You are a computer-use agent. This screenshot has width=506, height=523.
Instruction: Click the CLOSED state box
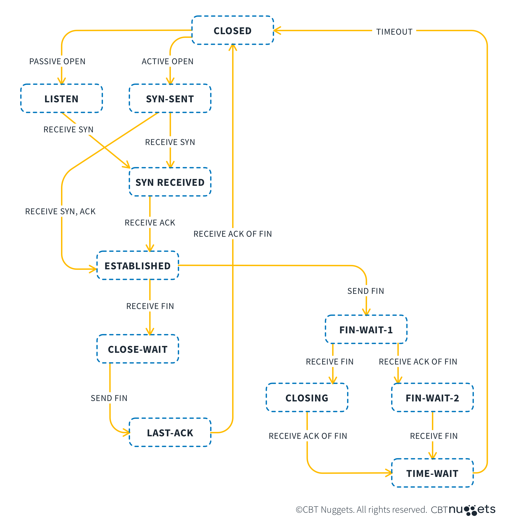click(232, 31)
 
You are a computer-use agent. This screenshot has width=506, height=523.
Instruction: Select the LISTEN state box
click(62, 99)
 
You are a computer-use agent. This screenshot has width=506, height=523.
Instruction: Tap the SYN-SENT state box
click(170, 99)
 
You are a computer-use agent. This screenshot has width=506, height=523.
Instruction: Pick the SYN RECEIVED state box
click(170, 182)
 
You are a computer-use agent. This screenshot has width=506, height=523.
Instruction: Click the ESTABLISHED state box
click(138, 266)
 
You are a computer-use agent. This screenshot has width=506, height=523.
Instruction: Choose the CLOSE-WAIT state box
click(138, 349)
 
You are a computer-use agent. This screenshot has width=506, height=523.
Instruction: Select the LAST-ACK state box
click(170, 433)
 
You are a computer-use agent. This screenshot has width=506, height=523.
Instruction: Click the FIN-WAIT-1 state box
click(366, 330)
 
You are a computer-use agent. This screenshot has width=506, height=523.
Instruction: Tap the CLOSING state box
click(307, 398)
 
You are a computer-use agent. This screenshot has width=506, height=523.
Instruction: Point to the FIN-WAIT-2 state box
click(432, 398)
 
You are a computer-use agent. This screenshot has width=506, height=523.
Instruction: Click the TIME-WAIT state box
click(432, 473)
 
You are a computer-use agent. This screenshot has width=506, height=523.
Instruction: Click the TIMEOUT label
click(394, 32)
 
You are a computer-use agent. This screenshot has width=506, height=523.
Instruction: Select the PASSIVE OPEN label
click(57, 61)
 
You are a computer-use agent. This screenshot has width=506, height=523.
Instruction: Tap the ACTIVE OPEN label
click(167, 61)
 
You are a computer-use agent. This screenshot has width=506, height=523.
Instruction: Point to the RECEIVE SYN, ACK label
click(60, 211)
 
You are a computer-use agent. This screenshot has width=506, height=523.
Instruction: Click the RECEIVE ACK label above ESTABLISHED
click(150, 223)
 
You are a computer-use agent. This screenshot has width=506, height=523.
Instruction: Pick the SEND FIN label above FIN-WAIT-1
click(366, 291)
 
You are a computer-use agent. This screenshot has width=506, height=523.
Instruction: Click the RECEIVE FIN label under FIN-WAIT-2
click(434, 436)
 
